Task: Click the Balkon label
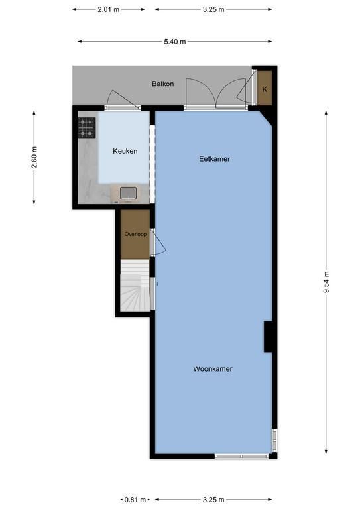click(x=162, y=84)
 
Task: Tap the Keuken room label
click(x=125, y=151)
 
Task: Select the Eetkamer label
click(x=214, y=159)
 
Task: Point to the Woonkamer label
click(x=213, y=368)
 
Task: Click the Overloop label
click(x=135, y=234)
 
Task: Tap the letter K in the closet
click(x=265, y=89)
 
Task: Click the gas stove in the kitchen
click(x=87, y=127)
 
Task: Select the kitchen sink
click(x=128, y=193)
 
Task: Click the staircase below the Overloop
click(x=135, y=286)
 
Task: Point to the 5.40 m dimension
click(x=175, y=42)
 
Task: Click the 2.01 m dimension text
click(x=109, y=9)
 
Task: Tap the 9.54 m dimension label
click(x=326, y=282)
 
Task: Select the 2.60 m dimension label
click(x=34, y=158)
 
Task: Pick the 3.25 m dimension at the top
click(x=213, y=9)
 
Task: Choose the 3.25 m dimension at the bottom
click(x=213, y=500)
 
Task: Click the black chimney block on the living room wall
click(x=268, y=337)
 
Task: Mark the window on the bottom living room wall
click(x=241, y=457)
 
